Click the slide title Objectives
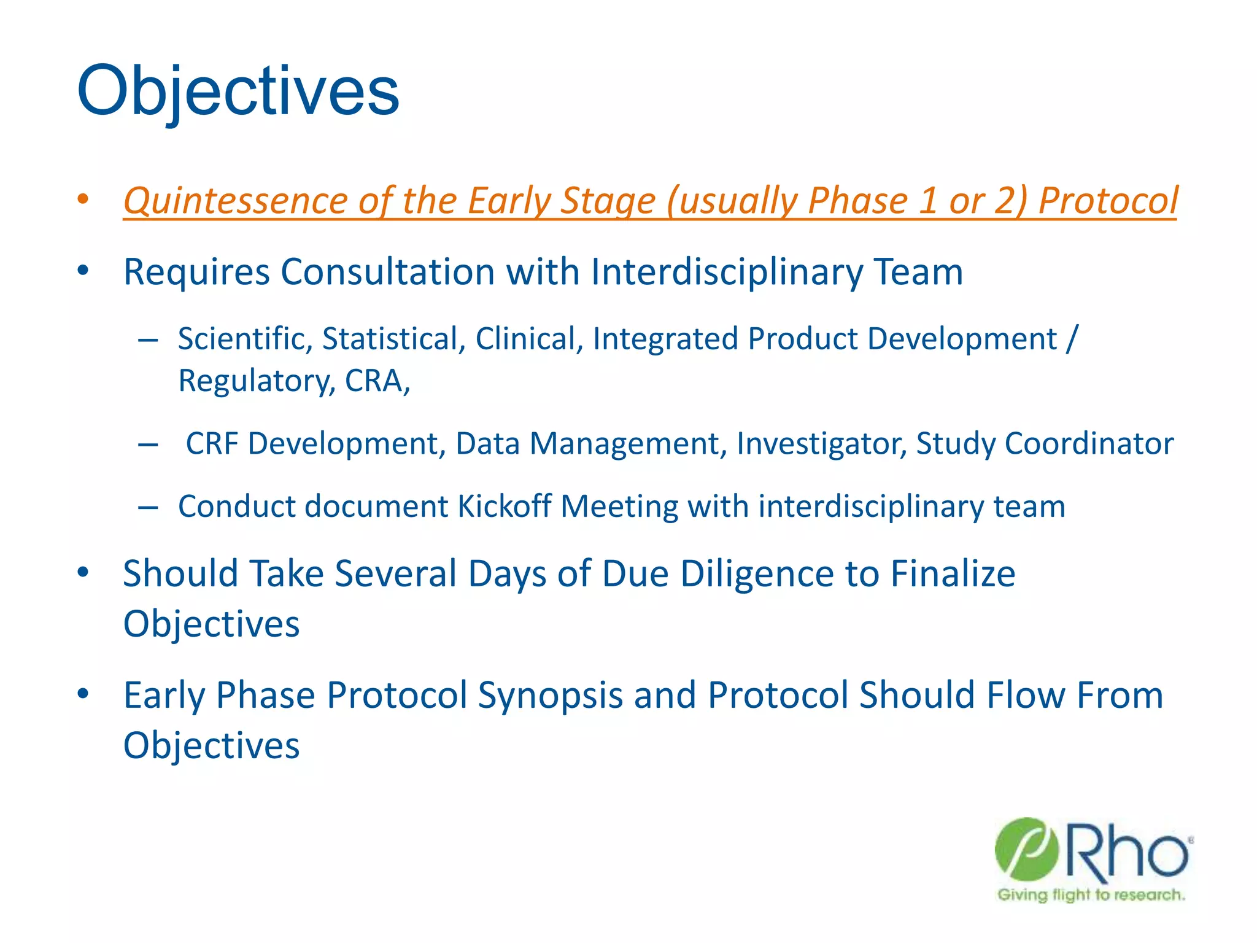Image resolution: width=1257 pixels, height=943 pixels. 238,92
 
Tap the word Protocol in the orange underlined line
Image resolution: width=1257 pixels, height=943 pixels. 1108,201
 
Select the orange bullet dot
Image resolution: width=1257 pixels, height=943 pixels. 83,199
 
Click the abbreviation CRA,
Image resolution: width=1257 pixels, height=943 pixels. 377,381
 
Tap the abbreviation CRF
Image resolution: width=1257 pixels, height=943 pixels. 212,443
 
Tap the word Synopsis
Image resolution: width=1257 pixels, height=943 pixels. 550,696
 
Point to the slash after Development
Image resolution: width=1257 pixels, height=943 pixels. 1072,339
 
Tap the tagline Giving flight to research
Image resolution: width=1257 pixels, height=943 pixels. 1091,895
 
